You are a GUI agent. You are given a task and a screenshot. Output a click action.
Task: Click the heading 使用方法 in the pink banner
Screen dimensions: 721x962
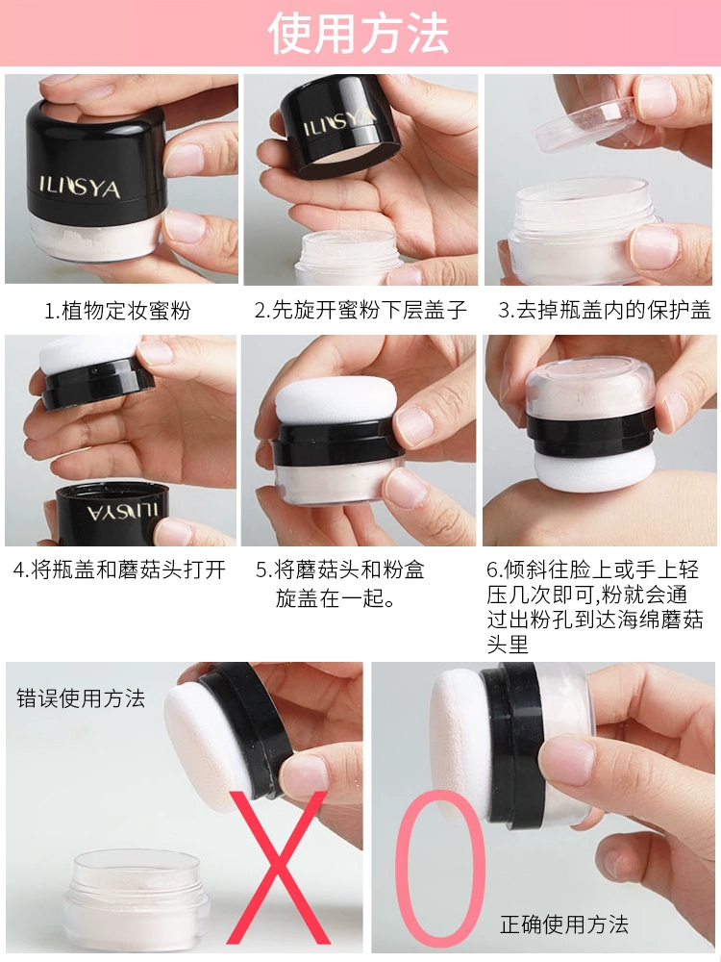tap(359, 33)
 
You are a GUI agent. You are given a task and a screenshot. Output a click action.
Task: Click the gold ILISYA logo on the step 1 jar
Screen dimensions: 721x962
tap(80, 188)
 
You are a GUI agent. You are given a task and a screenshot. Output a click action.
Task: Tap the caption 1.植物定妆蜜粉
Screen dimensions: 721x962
tap(117, 311)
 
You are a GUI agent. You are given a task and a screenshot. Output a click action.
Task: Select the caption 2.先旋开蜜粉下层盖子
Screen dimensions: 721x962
tap(360, 310)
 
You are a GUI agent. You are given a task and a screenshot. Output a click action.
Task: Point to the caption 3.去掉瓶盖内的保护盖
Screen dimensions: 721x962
tap(604, 310)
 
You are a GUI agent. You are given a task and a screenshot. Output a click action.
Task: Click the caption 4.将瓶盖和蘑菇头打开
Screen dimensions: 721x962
tap(119, 570)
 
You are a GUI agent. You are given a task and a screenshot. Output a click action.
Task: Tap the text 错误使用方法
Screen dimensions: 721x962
tap(81, 698)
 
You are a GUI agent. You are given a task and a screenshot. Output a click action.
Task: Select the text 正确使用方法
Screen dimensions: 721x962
tap(564, 924)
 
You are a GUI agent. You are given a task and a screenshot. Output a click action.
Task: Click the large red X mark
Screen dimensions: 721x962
tap(277, 868)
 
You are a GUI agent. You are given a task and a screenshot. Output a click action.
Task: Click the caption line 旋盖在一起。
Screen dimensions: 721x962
tap(336, 597)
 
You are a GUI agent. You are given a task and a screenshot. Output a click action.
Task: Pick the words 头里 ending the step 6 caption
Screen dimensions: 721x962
tap(508, 645)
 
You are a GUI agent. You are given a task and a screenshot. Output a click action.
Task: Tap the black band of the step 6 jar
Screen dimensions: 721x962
tap(590, 429)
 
